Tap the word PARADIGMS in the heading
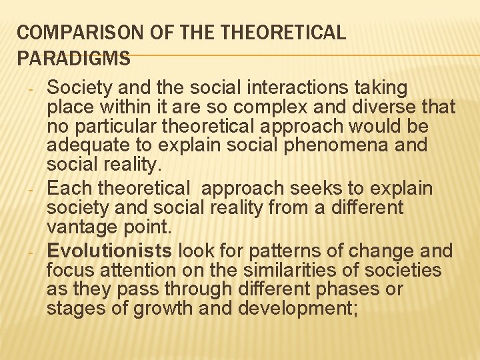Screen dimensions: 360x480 click(73, 58)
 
